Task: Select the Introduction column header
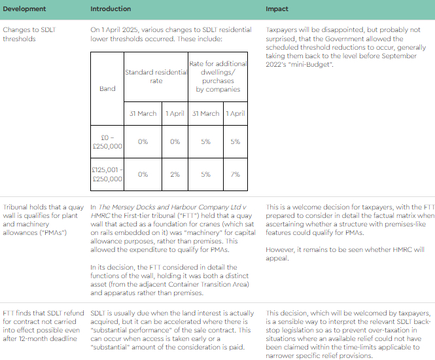tap(111, 9)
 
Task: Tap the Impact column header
tap(277, 9)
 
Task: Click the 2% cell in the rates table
tap(175, 174)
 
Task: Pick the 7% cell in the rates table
tap(235, 174)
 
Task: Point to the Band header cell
tap(107, 88)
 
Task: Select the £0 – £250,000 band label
tap(107, 141)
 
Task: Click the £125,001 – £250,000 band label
tap(107, 174)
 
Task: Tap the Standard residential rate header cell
tap(156, 76)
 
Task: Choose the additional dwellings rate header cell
tap(218, 76)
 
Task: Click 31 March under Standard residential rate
tap(143, 113)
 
